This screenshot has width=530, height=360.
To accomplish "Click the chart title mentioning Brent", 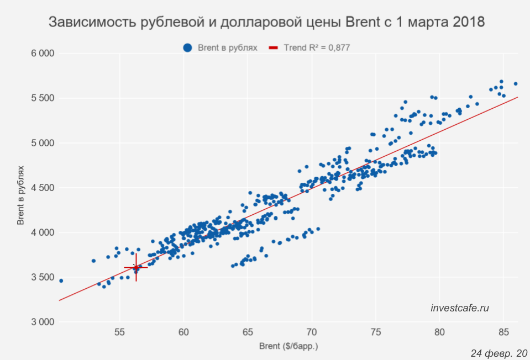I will (266, 23).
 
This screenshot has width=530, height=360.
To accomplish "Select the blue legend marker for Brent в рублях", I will (187, 48).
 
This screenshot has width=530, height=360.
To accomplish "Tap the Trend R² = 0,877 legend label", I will (317, 48).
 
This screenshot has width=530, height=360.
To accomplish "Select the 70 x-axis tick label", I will (312, 333).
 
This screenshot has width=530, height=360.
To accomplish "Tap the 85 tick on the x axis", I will (503, 333).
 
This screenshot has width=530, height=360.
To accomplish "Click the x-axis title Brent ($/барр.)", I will (288, 347).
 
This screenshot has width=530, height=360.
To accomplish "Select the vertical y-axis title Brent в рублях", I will (21, 188).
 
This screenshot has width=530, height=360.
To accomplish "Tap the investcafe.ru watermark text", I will (459, 308).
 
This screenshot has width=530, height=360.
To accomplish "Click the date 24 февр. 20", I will (499, 353).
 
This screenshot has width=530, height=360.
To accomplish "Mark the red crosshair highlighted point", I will (136, 267).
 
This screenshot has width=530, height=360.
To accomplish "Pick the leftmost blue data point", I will (61, 280).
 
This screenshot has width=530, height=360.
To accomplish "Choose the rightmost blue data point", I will (516, 84).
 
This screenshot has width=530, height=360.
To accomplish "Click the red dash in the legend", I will (273, 48).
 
